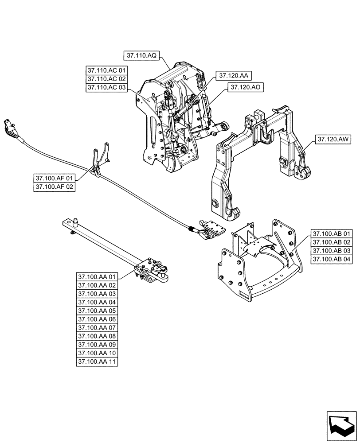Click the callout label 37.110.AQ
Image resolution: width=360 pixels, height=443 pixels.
[141, 55]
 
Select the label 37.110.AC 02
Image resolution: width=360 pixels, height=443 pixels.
[107, 79]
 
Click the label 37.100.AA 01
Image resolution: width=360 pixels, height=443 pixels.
[97, 277]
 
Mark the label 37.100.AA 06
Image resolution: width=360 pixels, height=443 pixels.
[97, 319]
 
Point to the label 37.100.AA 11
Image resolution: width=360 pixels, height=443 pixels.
[97, 361]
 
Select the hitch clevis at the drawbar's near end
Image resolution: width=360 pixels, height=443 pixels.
[159, 272]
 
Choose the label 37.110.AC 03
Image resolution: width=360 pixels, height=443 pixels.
[107, 87]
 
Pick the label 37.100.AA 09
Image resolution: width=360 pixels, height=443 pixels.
[97, 345]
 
